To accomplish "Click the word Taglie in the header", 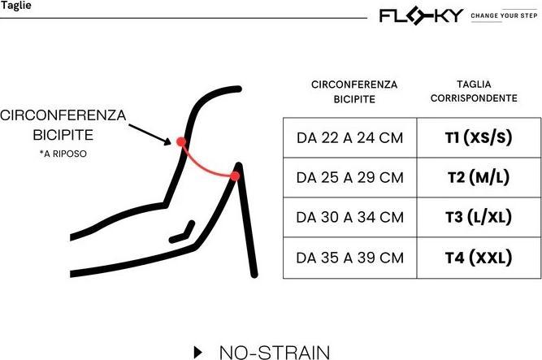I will [16, 7].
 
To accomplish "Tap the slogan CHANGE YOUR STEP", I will [504, 15].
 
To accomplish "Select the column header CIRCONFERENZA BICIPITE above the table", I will [353, 91].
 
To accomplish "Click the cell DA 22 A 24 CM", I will [349, 137].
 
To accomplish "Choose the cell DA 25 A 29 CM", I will [349, 177].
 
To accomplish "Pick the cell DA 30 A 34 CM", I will [349, 217].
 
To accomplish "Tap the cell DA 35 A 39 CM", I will [349, 258].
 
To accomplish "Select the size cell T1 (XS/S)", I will [479, 137].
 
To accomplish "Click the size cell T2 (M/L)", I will [479, 177].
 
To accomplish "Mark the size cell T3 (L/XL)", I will [479, 217].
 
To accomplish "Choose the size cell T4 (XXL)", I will [479, 258].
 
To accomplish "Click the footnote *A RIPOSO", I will [63, 154].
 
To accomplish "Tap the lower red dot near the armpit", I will [235, 176].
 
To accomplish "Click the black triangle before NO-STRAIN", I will [197, 352].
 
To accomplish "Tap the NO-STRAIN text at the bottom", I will [275, 352].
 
